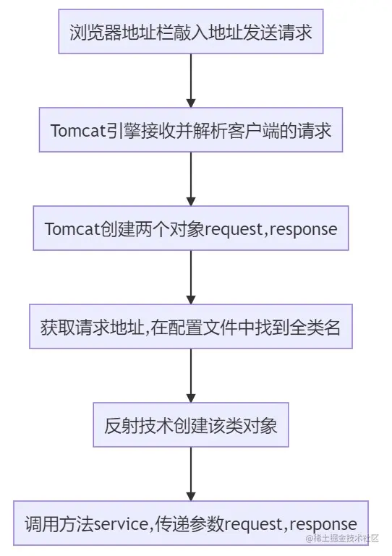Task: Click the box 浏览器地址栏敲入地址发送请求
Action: (191, 33)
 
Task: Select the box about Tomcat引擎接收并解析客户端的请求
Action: (191, 131)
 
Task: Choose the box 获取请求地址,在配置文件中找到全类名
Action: (191, 326)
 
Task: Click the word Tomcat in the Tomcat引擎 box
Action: (75, 132)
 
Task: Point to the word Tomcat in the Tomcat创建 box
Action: (69, 229)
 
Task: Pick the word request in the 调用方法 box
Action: (252, 523)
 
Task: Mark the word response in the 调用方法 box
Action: (322, 523)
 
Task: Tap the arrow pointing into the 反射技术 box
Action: (191, 375)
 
